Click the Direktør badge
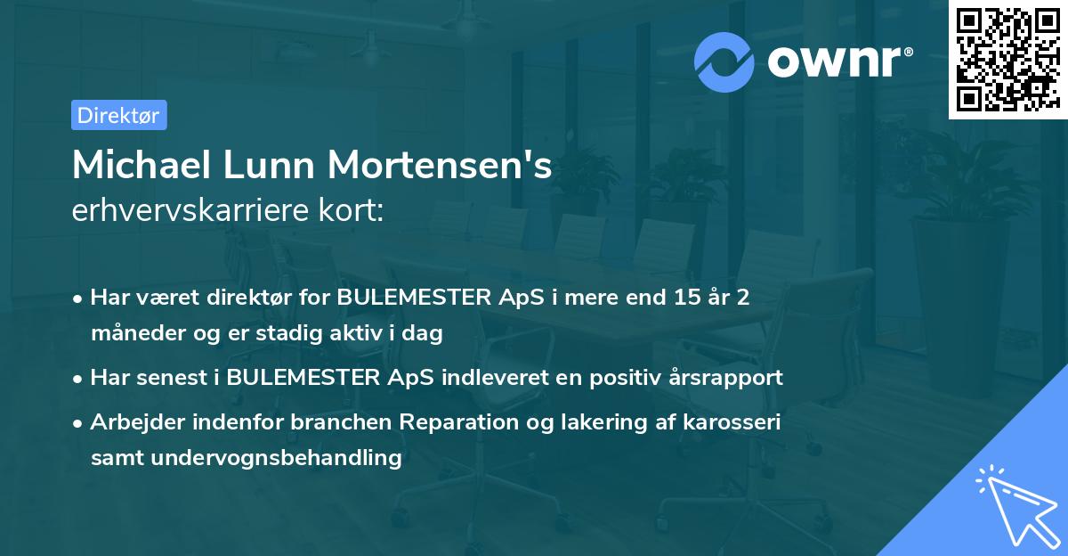click(x=118, y=115)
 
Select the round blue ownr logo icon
click(x=724, y=61)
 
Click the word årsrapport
click(x=727, y=378)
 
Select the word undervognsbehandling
click(x=278, y=458)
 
